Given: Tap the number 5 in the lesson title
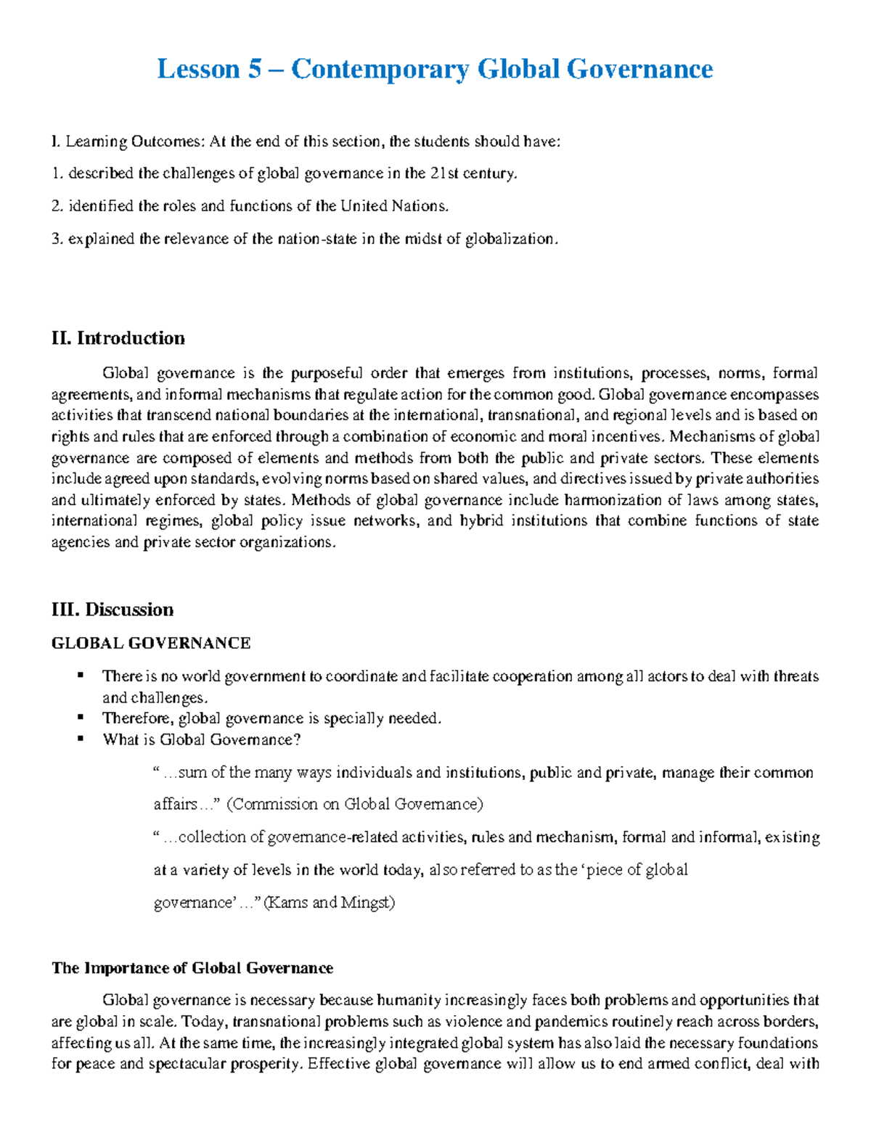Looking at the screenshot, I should click(x=254, y=70).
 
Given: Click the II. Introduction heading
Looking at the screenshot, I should click(x=118, y=338).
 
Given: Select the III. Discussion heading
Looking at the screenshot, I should click(x=113, y=610).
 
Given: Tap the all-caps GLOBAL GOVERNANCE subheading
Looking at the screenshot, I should click(x=151, y=643).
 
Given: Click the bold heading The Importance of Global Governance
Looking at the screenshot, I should click(x=192, y=968).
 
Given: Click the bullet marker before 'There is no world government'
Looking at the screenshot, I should click(x=81, y=676).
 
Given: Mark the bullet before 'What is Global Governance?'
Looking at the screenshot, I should click(x=81, y=739).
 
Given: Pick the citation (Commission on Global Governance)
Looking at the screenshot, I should click(x=355, y=804).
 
